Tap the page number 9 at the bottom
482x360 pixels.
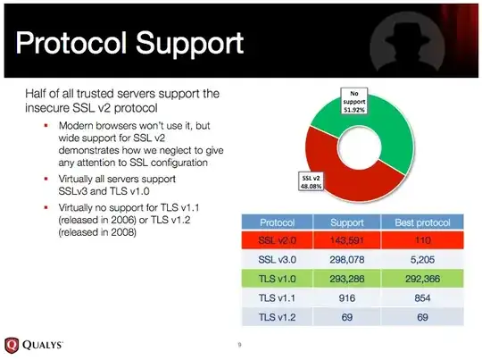pos(240,345)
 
